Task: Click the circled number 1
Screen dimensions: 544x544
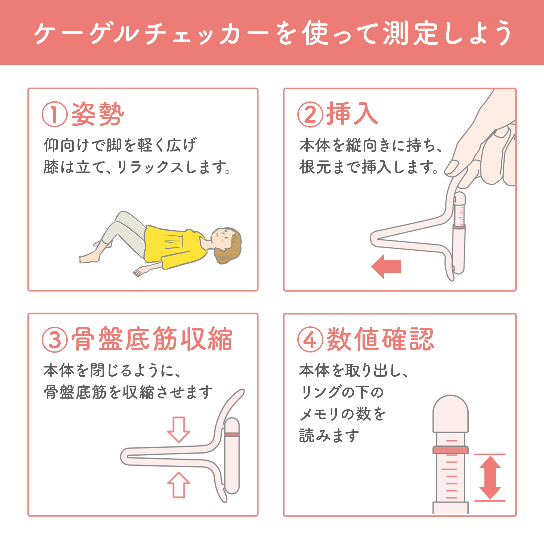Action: click(55, 114)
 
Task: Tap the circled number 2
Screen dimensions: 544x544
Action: click(310, 114)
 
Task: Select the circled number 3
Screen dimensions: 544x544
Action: click(55, 339)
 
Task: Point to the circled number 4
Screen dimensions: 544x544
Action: click(310, 339)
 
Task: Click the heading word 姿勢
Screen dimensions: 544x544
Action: click(98, 114)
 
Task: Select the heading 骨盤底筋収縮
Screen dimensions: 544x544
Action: click(152, 339)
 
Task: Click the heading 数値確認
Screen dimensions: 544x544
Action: click(381, 339)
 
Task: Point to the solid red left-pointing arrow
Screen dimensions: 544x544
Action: click(386, 266)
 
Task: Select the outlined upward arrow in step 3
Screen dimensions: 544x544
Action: click(179, 485)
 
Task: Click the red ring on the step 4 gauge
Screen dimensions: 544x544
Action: click(450, 450)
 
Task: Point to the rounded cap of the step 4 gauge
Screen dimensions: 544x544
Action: click(450, 414)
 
